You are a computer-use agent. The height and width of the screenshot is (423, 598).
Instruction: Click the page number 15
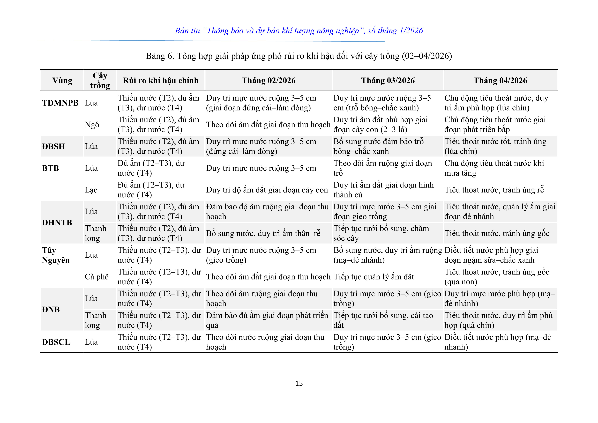pos(299,383)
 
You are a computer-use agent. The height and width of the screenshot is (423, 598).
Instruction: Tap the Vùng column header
pos(62,80)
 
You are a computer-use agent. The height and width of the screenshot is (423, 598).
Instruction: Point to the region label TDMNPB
pos(60,103)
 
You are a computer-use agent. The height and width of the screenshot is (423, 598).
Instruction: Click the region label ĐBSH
pos(53,146)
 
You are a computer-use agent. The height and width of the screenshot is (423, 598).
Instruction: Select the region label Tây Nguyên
pos(55,255)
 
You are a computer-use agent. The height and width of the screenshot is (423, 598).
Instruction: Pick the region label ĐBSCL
pos(56,342)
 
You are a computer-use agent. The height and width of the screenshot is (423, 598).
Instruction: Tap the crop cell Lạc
pos(91,190)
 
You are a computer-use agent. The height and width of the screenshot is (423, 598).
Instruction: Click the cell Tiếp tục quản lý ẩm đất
pos(373,277)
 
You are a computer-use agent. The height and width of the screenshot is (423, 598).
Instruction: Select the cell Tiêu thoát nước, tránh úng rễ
pos(494,190)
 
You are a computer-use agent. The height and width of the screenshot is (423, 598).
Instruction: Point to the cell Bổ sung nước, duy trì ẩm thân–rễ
pos(263,233)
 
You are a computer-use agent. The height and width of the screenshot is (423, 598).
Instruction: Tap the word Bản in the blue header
pos(181,31)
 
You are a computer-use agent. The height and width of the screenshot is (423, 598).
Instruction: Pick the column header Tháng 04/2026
pos(500,80)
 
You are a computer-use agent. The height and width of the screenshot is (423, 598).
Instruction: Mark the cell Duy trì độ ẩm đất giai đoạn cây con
pos(267,190)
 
